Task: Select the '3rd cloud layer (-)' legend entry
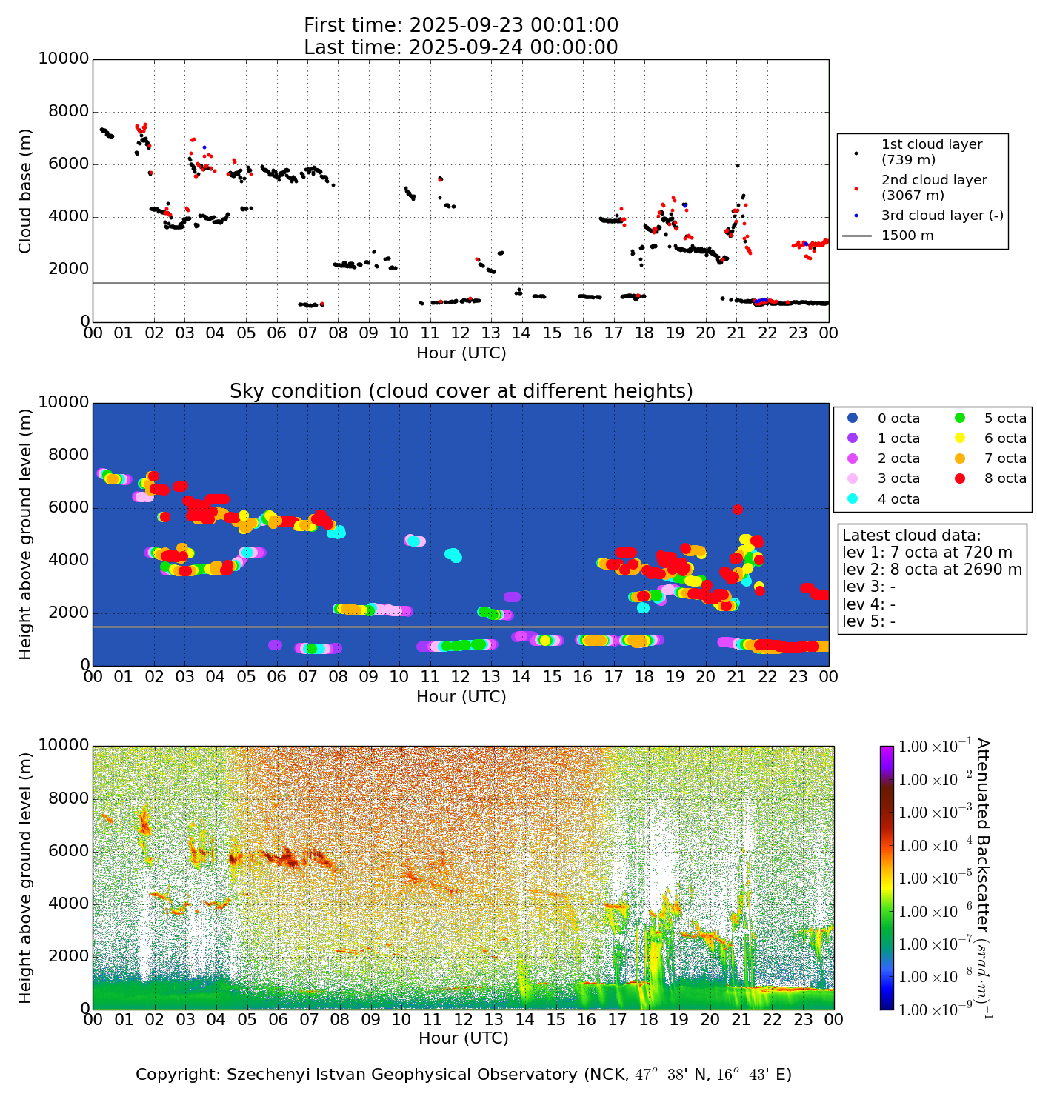point(941,216)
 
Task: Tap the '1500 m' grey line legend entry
point(907,236)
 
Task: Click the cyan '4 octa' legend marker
point(852,499)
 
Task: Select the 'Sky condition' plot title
point(461,391)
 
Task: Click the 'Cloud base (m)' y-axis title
point(25,190)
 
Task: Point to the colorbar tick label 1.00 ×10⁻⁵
point(935,878)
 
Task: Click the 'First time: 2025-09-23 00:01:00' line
point(461,25)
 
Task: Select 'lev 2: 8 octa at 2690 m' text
point(932,570)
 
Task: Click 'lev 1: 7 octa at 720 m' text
point(927,553)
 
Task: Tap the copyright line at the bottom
point(463,1075)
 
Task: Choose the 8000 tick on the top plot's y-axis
point(68,112)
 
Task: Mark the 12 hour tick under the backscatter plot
point(463,1020)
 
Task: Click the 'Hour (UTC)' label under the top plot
point(461,353)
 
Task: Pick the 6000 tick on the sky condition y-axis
point(68,508)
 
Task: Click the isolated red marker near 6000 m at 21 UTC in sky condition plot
point(737,509)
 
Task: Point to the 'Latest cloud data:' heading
point(911,536)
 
